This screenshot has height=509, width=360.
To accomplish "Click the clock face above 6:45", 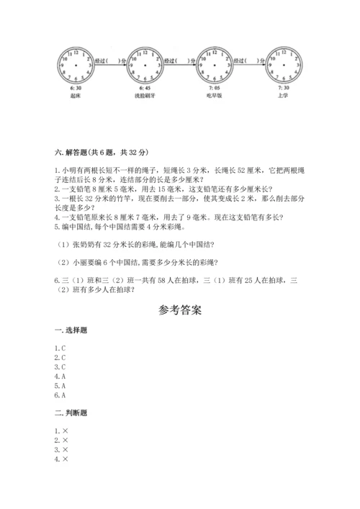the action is [x=146, y=64].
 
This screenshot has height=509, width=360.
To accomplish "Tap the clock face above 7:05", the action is [x=217, y=64].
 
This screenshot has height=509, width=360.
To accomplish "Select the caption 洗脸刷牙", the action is [x=146, y=94].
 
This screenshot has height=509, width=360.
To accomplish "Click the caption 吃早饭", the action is [x=217, y=94].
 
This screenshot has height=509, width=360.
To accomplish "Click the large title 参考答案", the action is [x=180, y=312].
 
